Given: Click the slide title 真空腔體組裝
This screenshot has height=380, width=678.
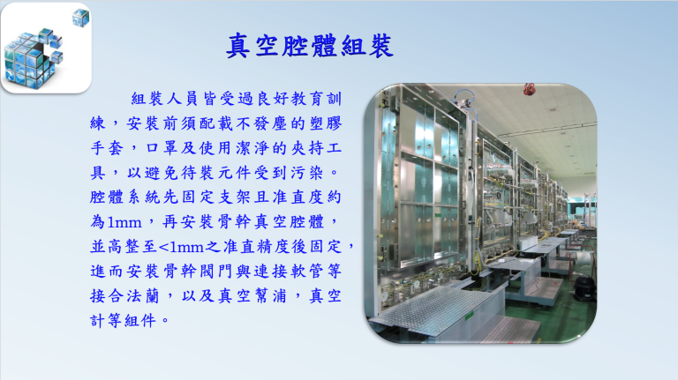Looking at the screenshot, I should click(310, 46).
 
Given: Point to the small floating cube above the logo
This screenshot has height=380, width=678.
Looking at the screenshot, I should click(80, 16).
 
